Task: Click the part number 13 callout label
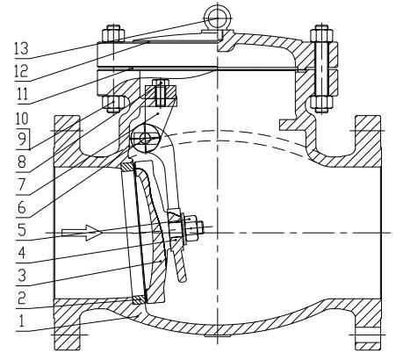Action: pyautogui.click(x=21, y=48)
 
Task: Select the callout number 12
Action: pyautogui.click(x=21, y=71)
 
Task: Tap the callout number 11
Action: pyautogui.click(x=23, y=94)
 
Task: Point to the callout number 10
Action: pyautogui.click(x=22, y=119)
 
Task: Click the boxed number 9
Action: pyautogui.click(x=22, y=140)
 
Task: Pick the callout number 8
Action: pyautogui.click(x=22, y=162)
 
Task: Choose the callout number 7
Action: pyautogui.click(x=22, y=184)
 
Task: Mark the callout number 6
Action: pyautogui.click(x=22, y=207)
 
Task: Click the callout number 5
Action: pyautogui.click(x=22, y=230)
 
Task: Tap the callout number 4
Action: pyautogui.click(x=22, y=253)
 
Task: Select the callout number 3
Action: pyautogui.click(x=22, y=275)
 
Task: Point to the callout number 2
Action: pyautogui.click(x=22, y=298)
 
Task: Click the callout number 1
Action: pyautogui.click(x=21, y=321)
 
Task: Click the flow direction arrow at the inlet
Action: pyautogui.click(x=82, y=233)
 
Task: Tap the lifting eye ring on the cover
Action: pyautogui.click(x=218, y=18)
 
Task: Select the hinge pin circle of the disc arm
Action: pyautogui.click(x=146, y=138)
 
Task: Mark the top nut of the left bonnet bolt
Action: pyautogui.click(x=113, y=33)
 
